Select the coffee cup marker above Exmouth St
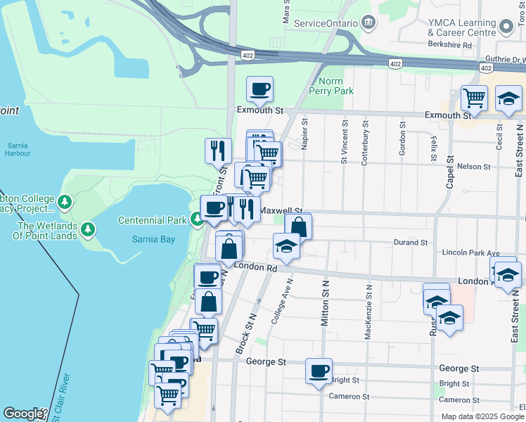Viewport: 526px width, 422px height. pyautogui.click(x=259, y=90)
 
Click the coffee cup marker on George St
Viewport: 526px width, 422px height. pyautogui.click(x=319, y=371)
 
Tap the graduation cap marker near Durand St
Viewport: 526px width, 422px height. pyautogui.click(x=286, y=246)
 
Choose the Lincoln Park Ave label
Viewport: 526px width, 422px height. pyautogui.click(x=470, y=252)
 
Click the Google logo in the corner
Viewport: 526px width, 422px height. pyautogui.click(x=23, y=414)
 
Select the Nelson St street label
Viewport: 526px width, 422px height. pyautogui.click(x=473, y=167)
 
